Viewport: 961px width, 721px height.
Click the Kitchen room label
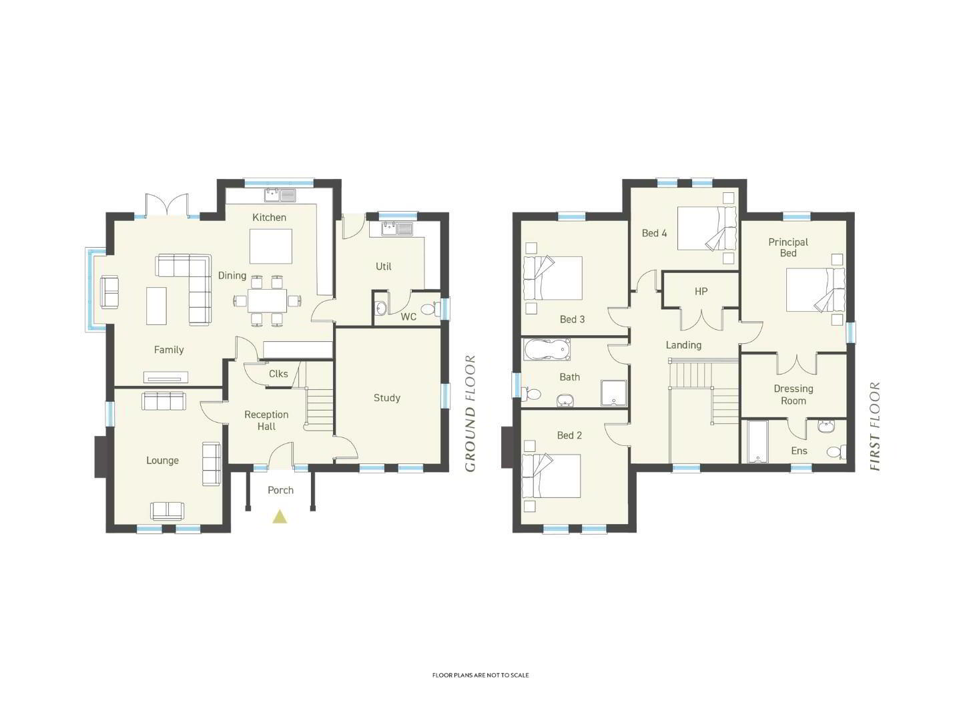[x=269, y=217]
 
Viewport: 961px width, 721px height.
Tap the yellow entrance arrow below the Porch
[x=280, y=517]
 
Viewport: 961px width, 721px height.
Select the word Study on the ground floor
[x=387, y=398]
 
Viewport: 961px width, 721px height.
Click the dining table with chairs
[x=267, y=300]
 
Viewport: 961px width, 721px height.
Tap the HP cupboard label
[x=701, y=291]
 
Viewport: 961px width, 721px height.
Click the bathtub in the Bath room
[x=547, y=349]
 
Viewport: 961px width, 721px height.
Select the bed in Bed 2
[x=552, y=476]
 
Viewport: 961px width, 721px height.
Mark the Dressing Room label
[x=793, y=395]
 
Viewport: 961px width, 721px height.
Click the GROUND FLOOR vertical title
[x=470, y=414]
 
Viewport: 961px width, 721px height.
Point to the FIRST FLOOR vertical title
[x=875, y=426]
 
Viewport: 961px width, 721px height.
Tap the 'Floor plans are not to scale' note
[x=480, y=675]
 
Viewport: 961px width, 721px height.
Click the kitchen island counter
[x=271, y=246]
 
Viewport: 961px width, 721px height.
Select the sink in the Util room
[x=397, y=229]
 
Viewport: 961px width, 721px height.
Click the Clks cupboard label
[x=278, y=374]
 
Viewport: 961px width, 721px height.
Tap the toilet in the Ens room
[x=836, y=452]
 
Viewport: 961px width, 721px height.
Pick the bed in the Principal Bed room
[x=816, y=290]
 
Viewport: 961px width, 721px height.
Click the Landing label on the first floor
[x=683, y=345]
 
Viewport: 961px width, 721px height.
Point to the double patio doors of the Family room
[x=167, y=205]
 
